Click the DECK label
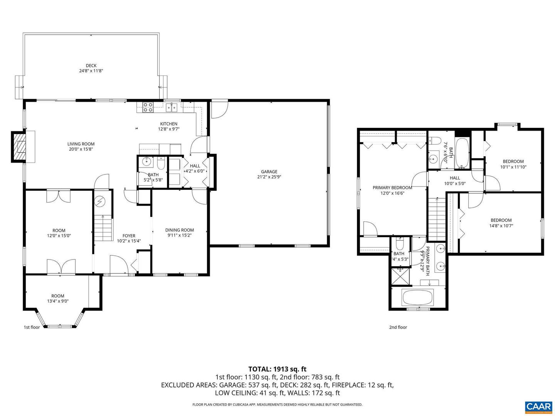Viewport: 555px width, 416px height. coord(91,65)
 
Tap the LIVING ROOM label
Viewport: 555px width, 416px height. coord(81,144)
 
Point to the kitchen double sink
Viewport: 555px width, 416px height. coord(172,107)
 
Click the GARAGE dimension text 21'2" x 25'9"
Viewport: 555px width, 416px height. coord(269,177)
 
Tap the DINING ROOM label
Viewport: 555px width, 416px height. coord(179,230)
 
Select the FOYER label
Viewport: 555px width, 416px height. coord(129,236)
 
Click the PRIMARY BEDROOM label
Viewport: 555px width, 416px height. coord(392,188)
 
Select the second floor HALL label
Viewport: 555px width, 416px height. coord(455,178)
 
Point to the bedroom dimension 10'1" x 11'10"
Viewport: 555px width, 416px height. coord(513,167)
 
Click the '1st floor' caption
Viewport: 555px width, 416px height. coord(32,327)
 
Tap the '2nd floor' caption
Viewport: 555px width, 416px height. coord(398,327)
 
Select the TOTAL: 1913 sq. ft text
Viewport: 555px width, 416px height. coord(277,369)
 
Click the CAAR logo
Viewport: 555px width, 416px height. coord(538,406)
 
